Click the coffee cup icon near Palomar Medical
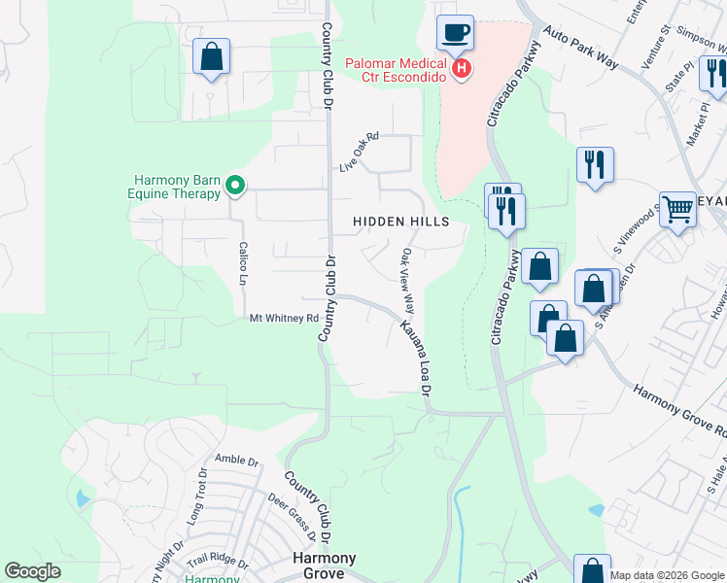455,32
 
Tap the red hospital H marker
463,69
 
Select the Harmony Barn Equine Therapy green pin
234,184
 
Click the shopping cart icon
676,208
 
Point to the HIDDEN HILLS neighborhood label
400,222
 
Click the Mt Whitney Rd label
284,318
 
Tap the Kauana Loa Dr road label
414,356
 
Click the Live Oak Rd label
358,153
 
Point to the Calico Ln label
243,263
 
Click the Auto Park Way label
581,48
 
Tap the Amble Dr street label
237,460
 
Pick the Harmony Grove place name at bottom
325,566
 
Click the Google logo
32,572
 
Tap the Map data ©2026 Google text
667,575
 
